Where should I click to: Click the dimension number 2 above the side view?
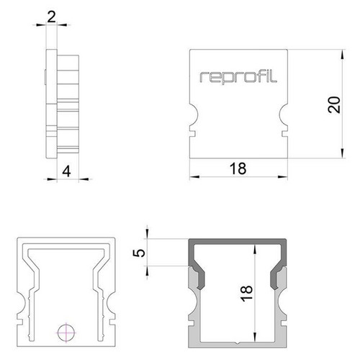51,17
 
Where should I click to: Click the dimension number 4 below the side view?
66,171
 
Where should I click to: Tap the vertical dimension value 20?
334,104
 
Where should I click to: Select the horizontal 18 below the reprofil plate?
238,168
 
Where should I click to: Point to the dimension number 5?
139,253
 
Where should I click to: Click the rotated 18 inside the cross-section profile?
246,293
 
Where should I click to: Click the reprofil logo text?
238,76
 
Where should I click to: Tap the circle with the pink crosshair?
66,333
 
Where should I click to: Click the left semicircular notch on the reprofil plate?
194,114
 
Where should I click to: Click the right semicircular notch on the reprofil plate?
283,114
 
